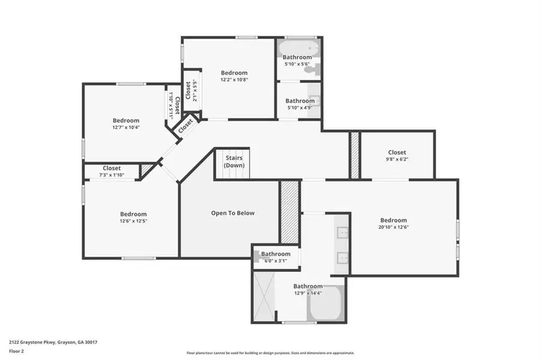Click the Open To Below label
(232, 213)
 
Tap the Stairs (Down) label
(234, 161)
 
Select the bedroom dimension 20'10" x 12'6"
(393, 227)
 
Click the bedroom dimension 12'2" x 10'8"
(234, 79)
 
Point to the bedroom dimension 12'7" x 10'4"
(125, 127)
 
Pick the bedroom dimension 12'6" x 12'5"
(133, 221)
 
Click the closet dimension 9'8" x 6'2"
(397, 159)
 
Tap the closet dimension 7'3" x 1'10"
(112, 175)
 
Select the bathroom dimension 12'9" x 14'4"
(307, 293)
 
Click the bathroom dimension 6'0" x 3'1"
(276, 260)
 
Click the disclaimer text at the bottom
(270, 353)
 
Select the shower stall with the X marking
(264, 296)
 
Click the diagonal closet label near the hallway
(186, 125)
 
